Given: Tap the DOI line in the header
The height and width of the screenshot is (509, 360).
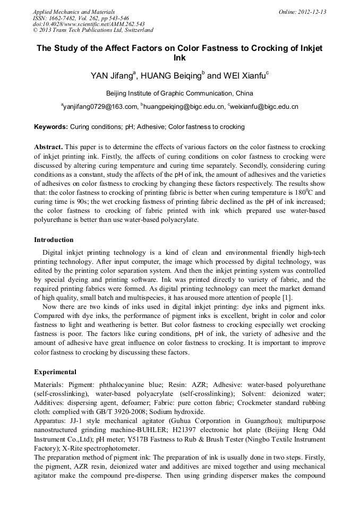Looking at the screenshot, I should pyautogui.click(x=89, y=24).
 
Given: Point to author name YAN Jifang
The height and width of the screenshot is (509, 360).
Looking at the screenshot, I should pyautogui.click(x=112, y=75).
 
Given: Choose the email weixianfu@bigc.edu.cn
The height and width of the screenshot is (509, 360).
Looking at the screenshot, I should pyautogui.click(x=264, y=107).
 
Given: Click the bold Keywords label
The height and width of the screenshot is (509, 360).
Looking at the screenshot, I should pyautogui.click(x=51, y=127).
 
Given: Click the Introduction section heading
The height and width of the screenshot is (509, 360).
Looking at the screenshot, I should pyautogui.click(x=54, y=240).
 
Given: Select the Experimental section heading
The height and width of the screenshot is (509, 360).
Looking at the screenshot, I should pyautogui.click(x=55, y=372).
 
